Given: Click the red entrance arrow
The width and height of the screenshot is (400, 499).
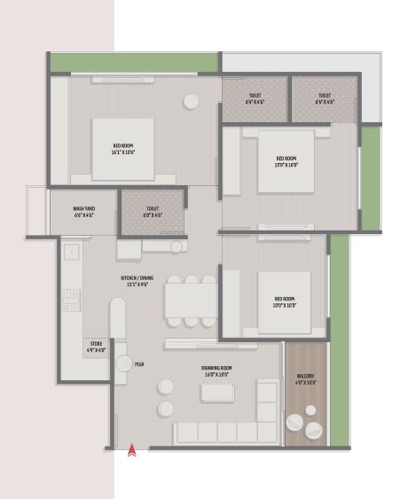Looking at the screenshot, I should point(132,449).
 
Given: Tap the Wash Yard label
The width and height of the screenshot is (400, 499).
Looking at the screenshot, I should point(83,212).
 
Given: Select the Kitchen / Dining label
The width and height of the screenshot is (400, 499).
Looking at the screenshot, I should point(137,281).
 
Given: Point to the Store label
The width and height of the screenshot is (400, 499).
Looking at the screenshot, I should point(97,347).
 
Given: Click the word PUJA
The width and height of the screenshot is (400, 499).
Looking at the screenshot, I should point(139,363).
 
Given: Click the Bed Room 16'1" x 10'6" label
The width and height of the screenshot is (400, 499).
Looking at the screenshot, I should point(123,148).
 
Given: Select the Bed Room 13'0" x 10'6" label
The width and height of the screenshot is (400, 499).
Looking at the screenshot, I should point(286,161).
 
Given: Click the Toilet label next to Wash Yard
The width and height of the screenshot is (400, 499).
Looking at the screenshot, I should point(153,212).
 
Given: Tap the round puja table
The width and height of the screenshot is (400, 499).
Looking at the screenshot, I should point(123,363).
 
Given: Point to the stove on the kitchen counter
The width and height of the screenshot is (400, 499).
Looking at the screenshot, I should point(72,300).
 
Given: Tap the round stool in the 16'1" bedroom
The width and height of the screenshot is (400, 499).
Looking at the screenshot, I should point(191,102).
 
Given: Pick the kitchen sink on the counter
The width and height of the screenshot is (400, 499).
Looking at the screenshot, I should point(71,252).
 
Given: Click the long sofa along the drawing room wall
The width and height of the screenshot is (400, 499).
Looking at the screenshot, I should point(216,432).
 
